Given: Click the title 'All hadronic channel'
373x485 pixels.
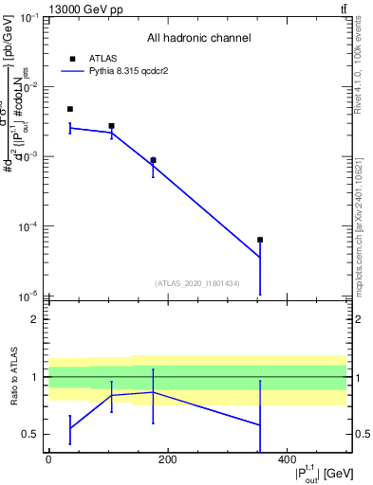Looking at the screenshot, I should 198,38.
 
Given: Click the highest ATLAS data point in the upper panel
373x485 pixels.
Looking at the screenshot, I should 69,109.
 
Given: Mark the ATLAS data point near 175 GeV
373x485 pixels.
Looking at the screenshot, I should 153,160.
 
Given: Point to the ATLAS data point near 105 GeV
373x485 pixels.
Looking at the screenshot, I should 111,126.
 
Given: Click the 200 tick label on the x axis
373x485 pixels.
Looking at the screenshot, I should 167,459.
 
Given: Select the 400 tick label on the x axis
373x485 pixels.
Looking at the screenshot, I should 287,459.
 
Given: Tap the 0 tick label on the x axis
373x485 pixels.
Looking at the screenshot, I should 48,459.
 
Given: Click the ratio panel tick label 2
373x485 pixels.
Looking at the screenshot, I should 36,319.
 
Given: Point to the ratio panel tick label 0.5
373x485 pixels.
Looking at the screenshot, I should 32,435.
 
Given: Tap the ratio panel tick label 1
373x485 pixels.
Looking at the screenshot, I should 36,377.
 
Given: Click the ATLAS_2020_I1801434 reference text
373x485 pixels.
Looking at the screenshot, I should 197,283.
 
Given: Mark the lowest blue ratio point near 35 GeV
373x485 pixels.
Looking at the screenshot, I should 69,428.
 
